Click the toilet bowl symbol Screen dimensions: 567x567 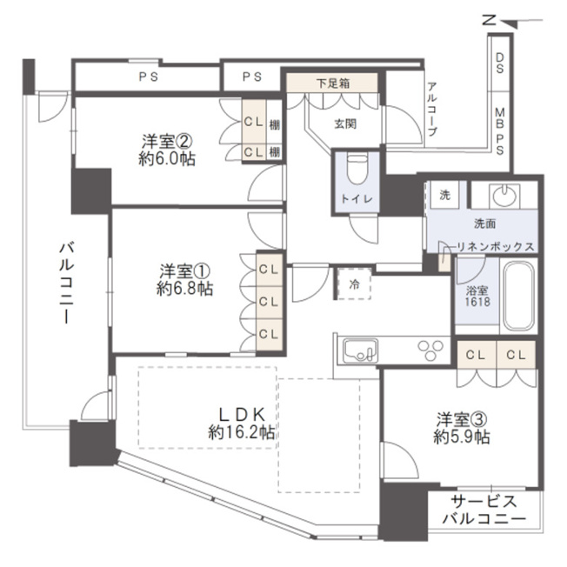[357, 170]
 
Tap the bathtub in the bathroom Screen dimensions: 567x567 [518, 296]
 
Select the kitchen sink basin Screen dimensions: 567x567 [361, 350]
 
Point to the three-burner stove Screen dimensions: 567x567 [430, 349]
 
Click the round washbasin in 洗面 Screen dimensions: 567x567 [504, 196]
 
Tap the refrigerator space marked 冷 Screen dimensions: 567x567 [354, 283]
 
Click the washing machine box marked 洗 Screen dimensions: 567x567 [444, 195]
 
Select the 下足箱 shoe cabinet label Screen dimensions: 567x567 [333, 83]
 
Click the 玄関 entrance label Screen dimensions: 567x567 [345, 124]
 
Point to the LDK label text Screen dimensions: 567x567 [243, 415]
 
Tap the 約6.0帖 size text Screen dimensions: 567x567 [167, 159]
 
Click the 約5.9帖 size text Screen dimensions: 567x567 [462, 437]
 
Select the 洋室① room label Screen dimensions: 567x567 [184, 271]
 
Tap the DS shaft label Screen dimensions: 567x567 [500, 63]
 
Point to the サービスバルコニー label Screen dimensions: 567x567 [484, 510]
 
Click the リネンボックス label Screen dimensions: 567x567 [496, 247]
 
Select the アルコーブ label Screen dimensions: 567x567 [432, 109]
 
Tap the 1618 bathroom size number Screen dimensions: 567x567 [477, 302]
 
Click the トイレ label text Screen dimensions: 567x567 [357, 198]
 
